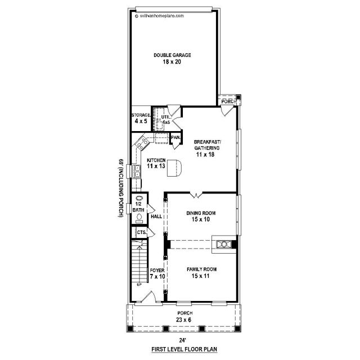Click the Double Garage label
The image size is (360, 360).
click(x=172, y=55)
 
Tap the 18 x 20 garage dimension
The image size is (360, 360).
click(x=172, y=62)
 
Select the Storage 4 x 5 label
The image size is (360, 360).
click(x=141, y=118)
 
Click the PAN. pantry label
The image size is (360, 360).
click(x=175, y=137)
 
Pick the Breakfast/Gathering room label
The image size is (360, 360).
click(x=207, y=145)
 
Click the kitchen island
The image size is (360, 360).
click(x=174, y=168)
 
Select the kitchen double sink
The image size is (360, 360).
click(x=137, y=171)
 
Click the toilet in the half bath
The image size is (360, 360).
click(x=139, y=218)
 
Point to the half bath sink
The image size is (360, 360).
click(x=139, y=198)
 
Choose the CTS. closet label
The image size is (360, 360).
click(x=142, y=232)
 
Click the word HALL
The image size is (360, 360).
click(x=156, y=217)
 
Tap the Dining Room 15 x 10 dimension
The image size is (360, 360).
click(x=201, y=219)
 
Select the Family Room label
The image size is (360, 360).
click(x=201, y=269)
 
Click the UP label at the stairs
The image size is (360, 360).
click(x=139, y=285)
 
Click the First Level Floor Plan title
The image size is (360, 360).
click(x=184, y=349)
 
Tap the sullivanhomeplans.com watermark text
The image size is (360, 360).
click(x=160, y=16)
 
